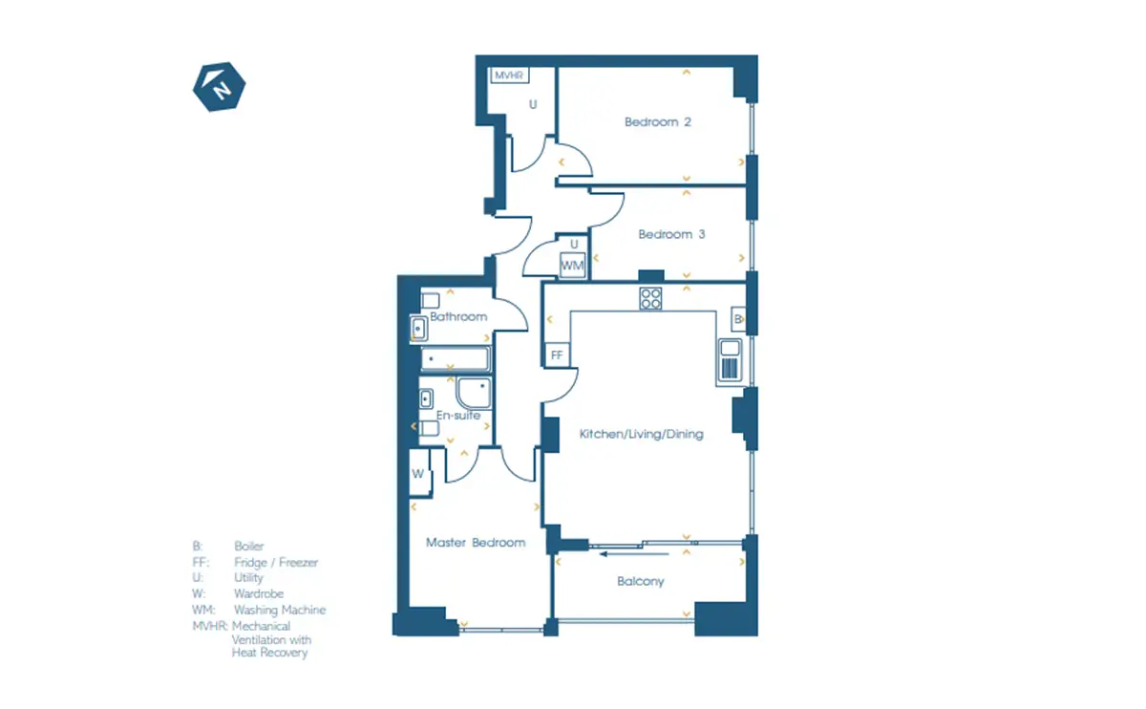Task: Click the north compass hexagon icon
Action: [219, 87]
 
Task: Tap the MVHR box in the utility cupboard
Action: [509, 75]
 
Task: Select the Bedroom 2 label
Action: [657, 122]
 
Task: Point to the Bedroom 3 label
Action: [671, 234]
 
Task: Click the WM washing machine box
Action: [572, 266]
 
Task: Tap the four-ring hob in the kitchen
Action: [650, 298]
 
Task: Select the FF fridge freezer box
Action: [557, 354]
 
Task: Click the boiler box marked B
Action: [738, 319]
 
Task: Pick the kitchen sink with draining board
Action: [730, 360]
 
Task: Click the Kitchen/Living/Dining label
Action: [641, 434]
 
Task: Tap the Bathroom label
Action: [458, 317]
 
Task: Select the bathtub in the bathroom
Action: [455, 358]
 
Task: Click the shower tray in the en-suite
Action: [474, 393]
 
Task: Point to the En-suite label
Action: [457, 415]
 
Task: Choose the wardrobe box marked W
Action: [419, 473]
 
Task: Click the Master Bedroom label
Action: [476, 543]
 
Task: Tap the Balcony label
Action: [641, 582]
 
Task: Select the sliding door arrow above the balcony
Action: [634, 554]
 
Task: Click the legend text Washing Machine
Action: [280, 610]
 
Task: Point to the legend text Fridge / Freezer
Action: [276, 562]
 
